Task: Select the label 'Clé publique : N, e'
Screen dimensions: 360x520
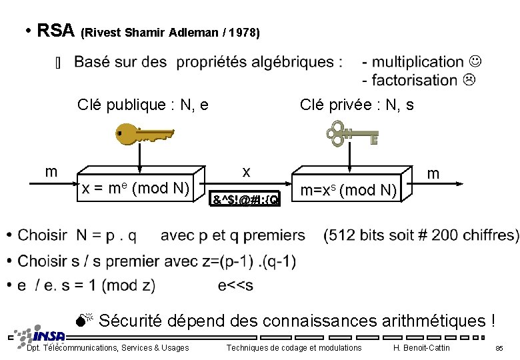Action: point(143,105)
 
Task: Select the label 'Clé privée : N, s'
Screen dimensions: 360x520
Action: point(357,105)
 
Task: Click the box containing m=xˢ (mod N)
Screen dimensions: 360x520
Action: point(349,191)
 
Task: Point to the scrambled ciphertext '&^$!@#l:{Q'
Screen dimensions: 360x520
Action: point(245,198)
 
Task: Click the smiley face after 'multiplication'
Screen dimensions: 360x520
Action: point(475,62)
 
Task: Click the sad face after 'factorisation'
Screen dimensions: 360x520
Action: point(469,80)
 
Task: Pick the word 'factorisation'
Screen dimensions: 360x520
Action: point(414,80)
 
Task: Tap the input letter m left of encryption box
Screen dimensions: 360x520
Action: point(51,171)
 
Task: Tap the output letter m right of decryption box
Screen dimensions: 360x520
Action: point(433,173)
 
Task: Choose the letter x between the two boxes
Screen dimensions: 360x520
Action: point(246,171)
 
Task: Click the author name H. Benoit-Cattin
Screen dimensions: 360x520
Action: point(421,348)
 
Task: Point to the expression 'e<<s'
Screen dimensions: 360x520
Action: point(235,285)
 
